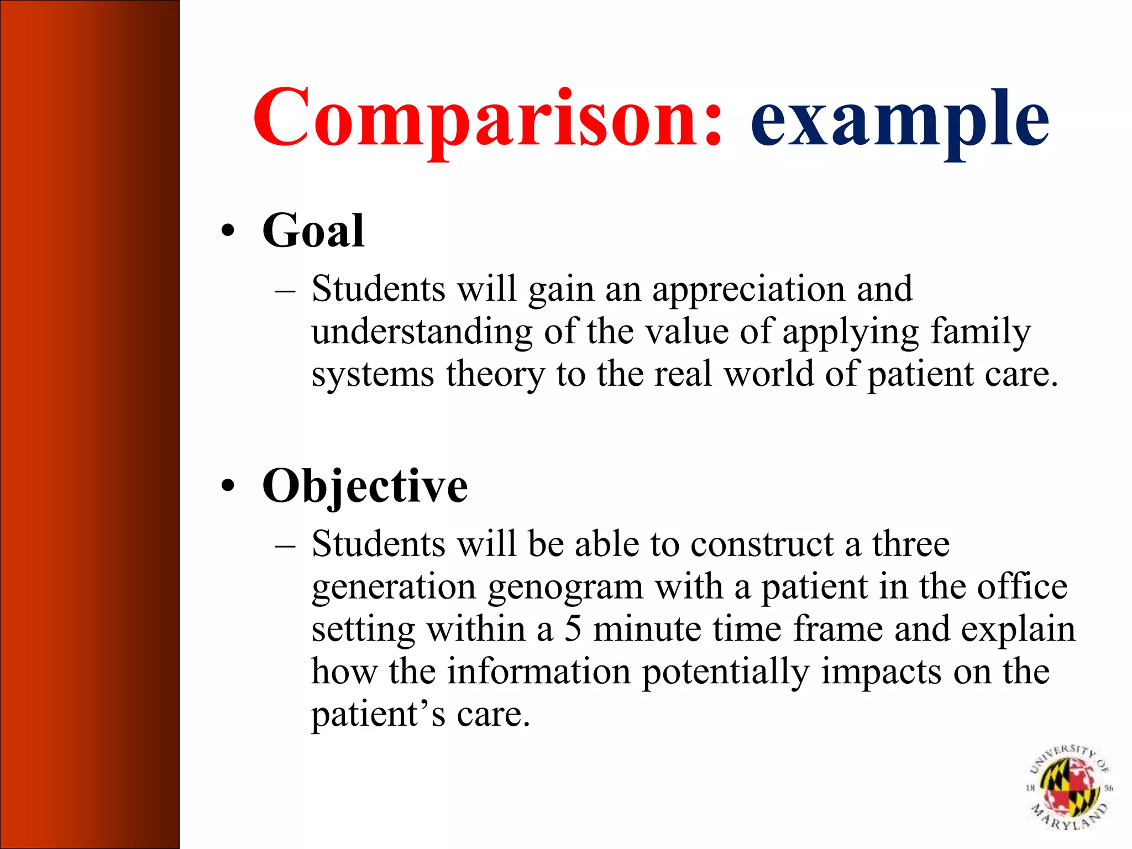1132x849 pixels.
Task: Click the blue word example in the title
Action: pyautogui.click(x=899, y=119)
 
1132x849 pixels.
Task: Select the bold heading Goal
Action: pyautogui.click(x=313, y=230)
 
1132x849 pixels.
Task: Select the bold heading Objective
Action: pyautogui.click(x=365, y=486)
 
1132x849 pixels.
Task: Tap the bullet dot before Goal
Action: pyautogui.click(x=227, y=231)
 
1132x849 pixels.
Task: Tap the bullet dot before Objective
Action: pyautogui.click(x=227, y=486)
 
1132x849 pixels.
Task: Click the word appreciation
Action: pyautogui.click(x=748, y=289)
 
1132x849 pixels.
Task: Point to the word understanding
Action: pyautogui.click(x=422, y=332)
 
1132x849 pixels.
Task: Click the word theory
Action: pyautogui.click(x=495, y=374)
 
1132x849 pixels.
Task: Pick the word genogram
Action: pyautogui.click(x=565, y=586)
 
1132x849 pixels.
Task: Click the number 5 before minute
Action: pyautogui.click(x=573, y=629)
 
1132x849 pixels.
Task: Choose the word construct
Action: pyautogui.click(x=762, y=544)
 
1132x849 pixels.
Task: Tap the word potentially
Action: pyautogui.click(x=725, y=672)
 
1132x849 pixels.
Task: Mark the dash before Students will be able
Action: pyautogui.click(x=285, y=545)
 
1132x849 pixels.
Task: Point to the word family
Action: pyautogui.click(x=980, y=332)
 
